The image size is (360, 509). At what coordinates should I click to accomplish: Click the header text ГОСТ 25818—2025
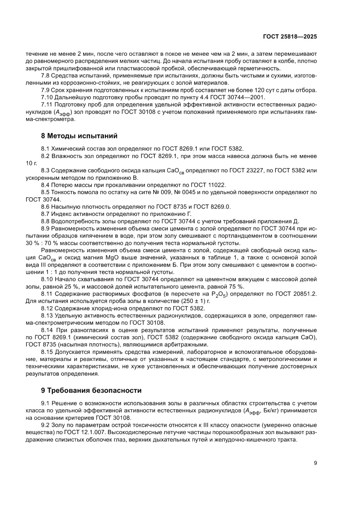click(290, 37)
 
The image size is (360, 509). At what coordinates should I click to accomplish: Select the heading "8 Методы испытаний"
click(77, 136)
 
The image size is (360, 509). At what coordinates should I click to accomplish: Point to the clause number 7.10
click(48, 97)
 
